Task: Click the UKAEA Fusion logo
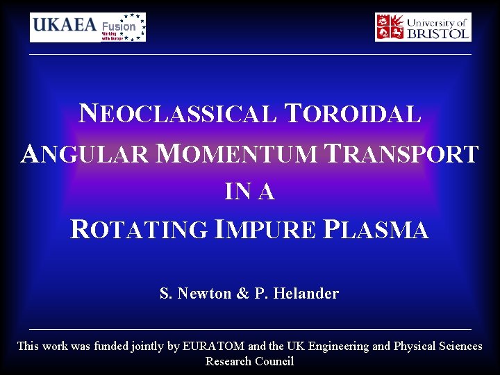[x=87, y=27]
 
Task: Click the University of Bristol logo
[x=423, y=27]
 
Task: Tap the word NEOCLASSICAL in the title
[x=178, y=113]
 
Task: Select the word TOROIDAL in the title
[x=353, y=113]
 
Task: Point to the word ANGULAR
[x=84, y=153]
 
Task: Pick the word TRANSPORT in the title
[x=403, y=153]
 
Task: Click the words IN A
[x=250, y=192]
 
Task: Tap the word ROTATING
[x=139, y=229]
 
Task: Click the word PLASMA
[x=376, y=229]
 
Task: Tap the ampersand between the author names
[x=243, y=294]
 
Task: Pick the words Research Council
[x=250, y=361]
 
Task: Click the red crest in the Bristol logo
[x=390, y=27]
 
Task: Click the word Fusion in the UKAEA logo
[x=119, y=26]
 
